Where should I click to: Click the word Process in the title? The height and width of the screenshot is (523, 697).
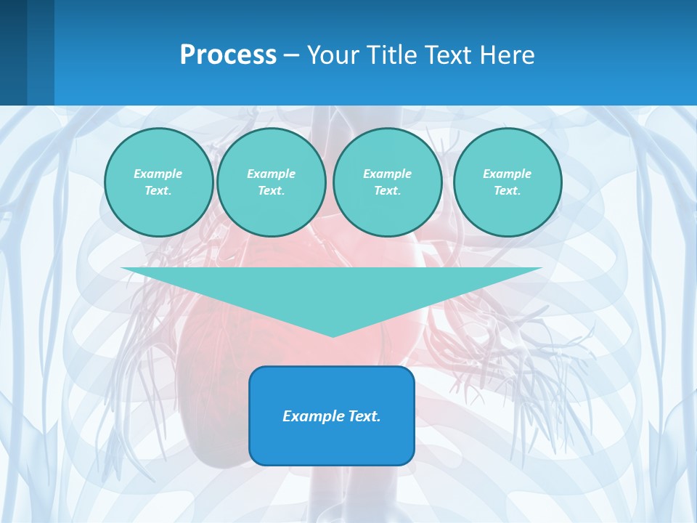point(228,54)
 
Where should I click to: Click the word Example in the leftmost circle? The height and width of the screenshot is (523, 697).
point(158,174)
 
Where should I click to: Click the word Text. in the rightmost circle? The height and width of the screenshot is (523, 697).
point(508,190)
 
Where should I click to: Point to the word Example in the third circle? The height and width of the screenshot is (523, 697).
point(388,174)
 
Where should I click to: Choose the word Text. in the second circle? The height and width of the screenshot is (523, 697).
point(272,190)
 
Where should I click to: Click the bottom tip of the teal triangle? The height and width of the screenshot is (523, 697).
point(333,335)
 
